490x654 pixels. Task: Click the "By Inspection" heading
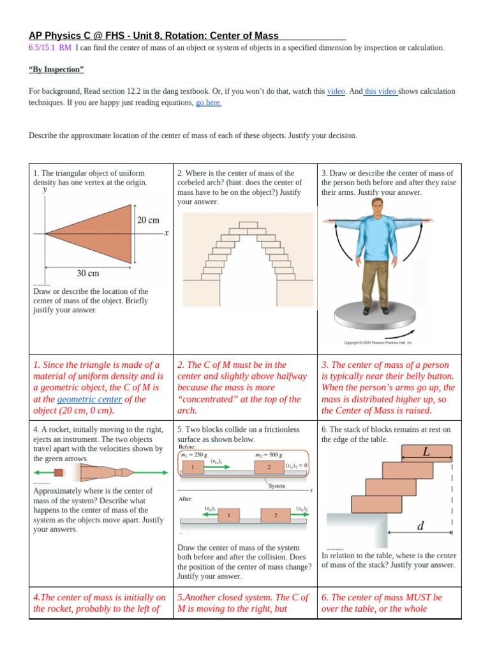click(x=56, y=69)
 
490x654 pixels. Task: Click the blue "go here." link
click(x=209, y=102)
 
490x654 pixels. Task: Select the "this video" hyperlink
click(x=380, y=91)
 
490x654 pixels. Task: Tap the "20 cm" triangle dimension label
click(x=148, y=220)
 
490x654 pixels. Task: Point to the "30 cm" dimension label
click(x=87, y=273)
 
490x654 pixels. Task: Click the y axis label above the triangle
click(x=45, y=190)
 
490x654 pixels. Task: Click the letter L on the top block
click(x=426, y=452)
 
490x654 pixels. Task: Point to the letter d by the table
click(x=420, y=526)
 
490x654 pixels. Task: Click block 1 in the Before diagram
click(x=192, y=467)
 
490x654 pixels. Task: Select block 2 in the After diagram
click(x=276, y=515)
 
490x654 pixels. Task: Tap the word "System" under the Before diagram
click(x=278, y=486)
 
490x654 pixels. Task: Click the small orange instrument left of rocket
click(x=59, y=473)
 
